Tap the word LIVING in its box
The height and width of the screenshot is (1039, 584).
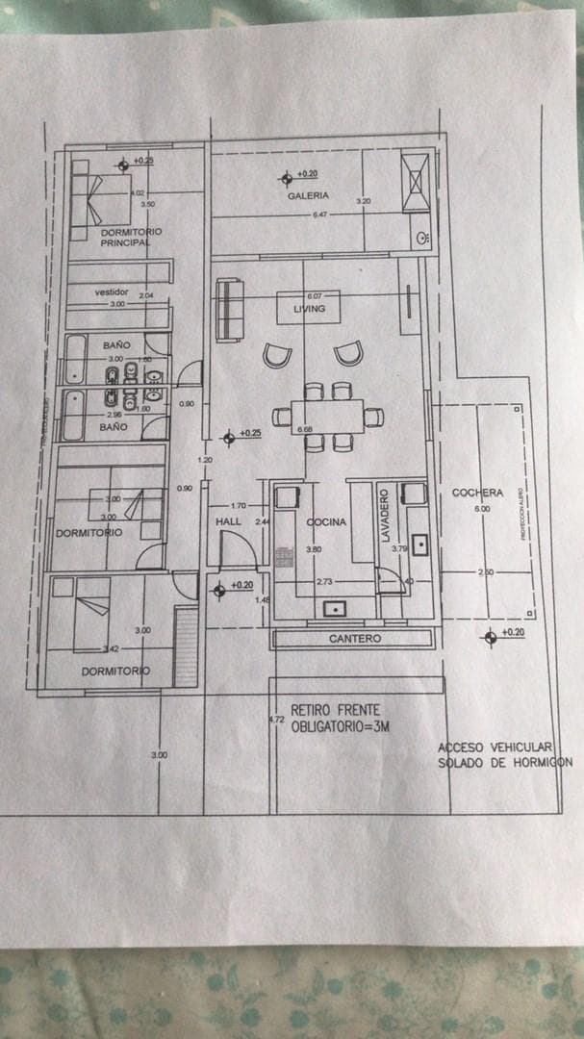[x=309, y=309]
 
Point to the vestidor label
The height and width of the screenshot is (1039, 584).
[x=112, y=292]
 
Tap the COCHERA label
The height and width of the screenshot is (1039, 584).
[x=477, y=494]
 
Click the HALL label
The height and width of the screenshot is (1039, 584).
[x=228, y=521]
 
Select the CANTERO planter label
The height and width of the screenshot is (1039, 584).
[x=355, y=639]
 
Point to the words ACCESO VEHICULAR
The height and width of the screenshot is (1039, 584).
[x=495, y=748]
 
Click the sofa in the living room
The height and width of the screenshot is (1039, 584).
[x=227, y=310]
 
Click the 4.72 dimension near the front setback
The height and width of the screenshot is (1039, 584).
[x=276, y=719]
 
